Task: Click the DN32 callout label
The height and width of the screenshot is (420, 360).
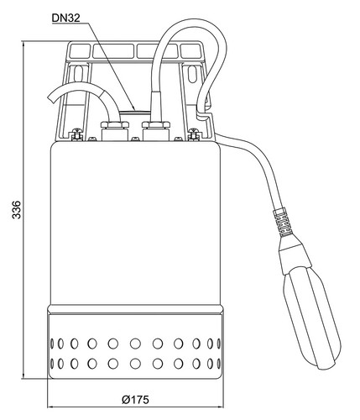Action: tap(66, 18)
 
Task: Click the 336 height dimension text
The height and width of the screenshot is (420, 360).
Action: tap(17, 209)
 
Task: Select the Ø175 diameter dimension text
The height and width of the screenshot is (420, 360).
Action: tap(135, 400)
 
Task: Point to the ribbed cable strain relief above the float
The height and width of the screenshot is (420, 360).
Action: tap(283, 223)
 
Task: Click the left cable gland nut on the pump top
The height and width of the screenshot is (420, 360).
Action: tap(115, 125)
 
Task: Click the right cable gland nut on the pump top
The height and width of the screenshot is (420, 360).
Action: tap(156, 125)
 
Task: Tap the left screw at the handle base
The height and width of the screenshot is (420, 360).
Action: tap(76, 134)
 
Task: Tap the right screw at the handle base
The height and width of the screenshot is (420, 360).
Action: tap(194, 134)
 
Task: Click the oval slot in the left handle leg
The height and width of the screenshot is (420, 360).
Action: tap(78, 73)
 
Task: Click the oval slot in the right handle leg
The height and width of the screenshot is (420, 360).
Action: tap(192, 73)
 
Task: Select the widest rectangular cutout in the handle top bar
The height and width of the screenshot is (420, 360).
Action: tap(113, 51)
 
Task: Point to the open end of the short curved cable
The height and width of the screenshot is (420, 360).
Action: tap(51, 98)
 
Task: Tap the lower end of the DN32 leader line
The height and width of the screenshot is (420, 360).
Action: tap(134, 109)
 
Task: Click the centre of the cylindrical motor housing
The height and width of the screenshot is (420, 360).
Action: tap(135, 223)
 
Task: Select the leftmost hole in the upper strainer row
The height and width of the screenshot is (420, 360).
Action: tap(52, 343)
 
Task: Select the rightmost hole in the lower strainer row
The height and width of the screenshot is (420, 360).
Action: tap(219, 364)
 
